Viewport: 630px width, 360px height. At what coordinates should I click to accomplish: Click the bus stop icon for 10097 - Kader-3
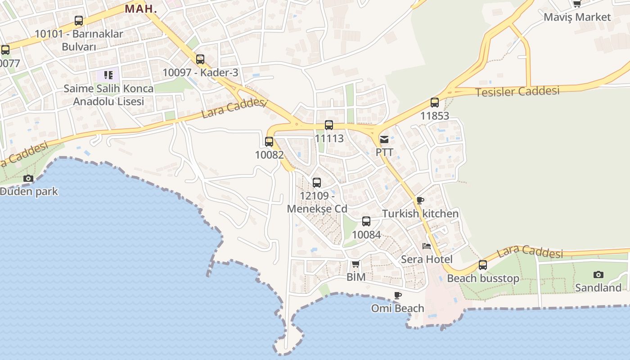200,59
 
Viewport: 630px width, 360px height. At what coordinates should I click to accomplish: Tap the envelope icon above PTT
384,139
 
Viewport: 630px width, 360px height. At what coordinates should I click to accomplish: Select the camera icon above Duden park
28,178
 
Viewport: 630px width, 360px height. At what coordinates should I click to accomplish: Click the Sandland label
598,288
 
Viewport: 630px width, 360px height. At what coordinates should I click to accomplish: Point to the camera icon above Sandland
598,274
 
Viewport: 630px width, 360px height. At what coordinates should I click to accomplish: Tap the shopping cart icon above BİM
355,264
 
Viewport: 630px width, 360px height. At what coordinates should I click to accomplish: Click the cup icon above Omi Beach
397,295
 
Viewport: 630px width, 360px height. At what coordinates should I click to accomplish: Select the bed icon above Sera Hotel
426,246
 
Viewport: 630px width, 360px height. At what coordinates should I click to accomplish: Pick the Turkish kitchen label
420,214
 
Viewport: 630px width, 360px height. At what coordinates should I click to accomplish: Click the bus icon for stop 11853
435,103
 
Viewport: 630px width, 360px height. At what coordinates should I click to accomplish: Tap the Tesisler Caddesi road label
517,91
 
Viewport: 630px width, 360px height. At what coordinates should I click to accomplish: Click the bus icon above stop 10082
269,142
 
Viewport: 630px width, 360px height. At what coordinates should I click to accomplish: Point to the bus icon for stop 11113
329,125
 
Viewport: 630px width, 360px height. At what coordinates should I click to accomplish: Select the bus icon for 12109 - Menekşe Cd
317,183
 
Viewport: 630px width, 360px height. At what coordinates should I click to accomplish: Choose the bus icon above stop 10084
366,221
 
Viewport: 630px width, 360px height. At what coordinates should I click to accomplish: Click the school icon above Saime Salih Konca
108,75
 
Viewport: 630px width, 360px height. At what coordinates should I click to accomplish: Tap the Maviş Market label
577,17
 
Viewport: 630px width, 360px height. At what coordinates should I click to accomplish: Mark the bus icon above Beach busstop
483,265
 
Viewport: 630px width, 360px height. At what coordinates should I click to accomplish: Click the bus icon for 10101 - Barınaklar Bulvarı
79,21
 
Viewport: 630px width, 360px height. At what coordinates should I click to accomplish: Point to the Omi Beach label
397,308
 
